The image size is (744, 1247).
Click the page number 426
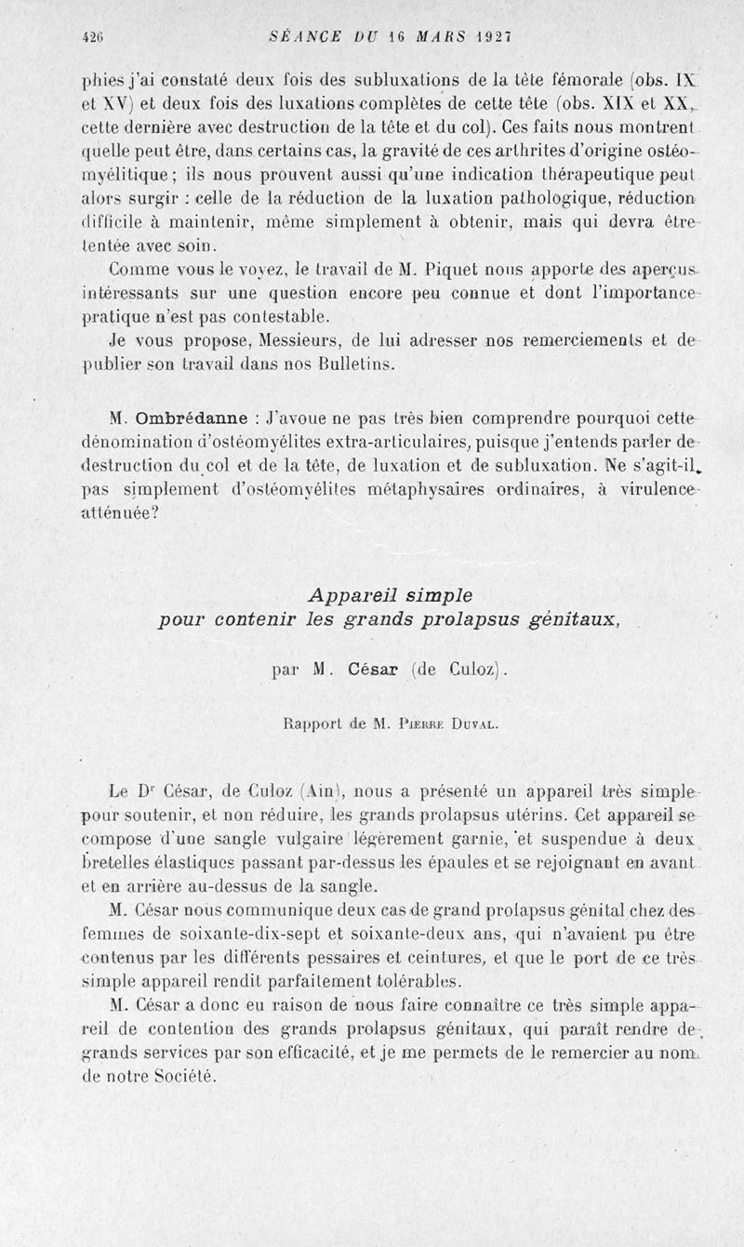tap(91, 37)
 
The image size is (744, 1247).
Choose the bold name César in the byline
tap(376, 668)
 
